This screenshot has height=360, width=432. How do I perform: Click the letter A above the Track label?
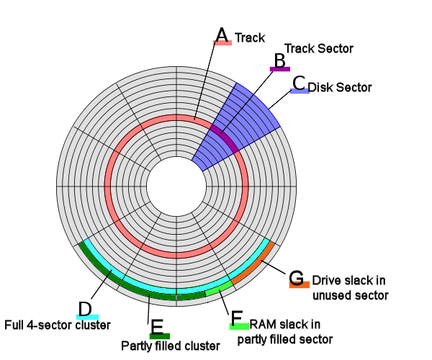[x=222, y=34]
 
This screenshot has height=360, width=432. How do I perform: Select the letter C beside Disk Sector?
[x=299, y=81]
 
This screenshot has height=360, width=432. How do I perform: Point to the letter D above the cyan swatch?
[x=86, y=308]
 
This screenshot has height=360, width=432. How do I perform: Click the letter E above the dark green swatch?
[x=158, y=326]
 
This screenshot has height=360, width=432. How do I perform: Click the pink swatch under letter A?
[x=222, y=43]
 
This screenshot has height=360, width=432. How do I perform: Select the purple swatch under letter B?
[x=279, y=68]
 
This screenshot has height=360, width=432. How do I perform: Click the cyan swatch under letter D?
[x=87, y=318]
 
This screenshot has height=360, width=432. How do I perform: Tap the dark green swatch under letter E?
[x=159, y=336]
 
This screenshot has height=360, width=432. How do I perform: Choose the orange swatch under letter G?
[x=300, y=285]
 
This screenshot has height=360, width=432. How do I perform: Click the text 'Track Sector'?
[x=319, y=48]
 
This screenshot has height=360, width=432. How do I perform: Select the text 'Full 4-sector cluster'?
[x=58, y=325]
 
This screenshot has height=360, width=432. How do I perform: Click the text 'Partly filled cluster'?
[x=169, y=345]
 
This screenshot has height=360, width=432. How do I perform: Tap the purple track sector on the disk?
[x=225, y=136]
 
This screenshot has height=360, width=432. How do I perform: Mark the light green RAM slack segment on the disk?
[x=219, y=287]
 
